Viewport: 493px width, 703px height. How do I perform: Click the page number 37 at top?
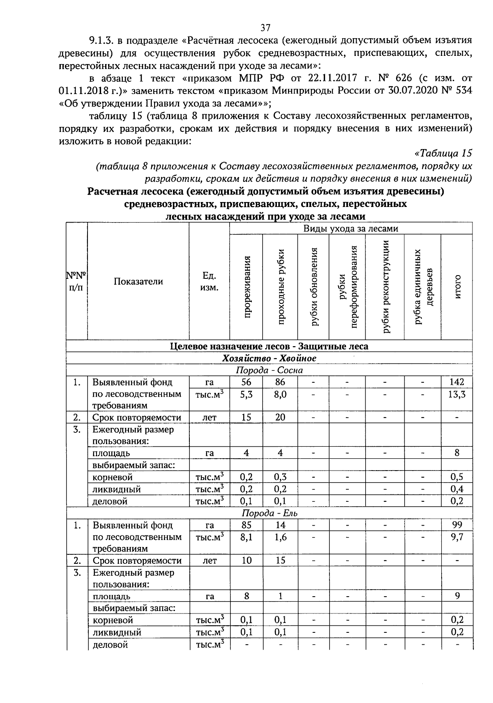pyautogui.click(x=265, y=28)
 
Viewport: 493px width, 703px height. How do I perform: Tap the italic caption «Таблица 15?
pyautogui.click(x=443, y=153)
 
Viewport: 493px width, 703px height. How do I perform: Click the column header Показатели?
pyautogui.click(x=138, y=281)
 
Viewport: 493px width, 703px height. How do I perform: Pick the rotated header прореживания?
pyautogui.click(x=247, y=287)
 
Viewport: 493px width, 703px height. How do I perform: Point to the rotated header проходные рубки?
pyautogui.click(x=281, y=287)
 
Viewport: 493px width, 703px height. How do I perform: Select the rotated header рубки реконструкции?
pyautogui.click(x=386, y=287)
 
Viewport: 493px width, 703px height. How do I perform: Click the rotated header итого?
pyautogui.click(x=457, y=287)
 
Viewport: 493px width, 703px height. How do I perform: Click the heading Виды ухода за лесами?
pyautogui.click(x=350, y=229)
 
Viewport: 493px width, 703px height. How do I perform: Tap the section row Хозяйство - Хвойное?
pyautogui.click(x=269, y=358)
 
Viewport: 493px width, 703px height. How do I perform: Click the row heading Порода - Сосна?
pyautogui.click(x=269, y=370)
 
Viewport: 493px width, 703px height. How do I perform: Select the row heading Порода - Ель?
pyautogui.click(x=269, y=513)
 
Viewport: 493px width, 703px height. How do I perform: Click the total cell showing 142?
pyautogui.click(x=457, y=382)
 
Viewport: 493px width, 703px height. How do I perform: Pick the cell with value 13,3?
pyautogui.click(x=457, y=395)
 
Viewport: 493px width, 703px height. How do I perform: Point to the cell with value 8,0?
pyautogui.click(x=280, y=395)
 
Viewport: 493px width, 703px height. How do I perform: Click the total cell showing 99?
pyautogui.click(x=457, y=525)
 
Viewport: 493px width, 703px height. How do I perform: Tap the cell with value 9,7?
pyautogui.click(x=457, y=537)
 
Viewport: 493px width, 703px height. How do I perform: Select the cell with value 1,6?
pyautogui.click(x=280, y=537)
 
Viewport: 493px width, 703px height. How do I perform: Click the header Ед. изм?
pyautogui.click(x=209, y=281)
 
